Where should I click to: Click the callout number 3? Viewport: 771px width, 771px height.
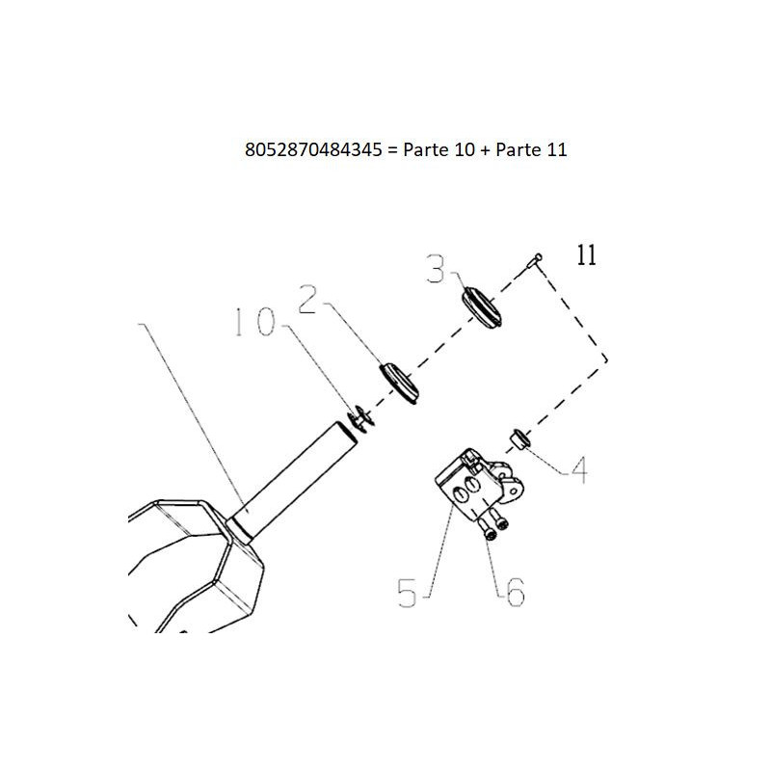(x=436, y=269)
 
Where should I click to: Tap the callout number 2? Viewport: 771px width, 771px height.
(x=308, y=299)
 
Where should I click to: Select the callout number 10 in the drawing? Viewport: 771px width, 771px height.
(x=255, y=322)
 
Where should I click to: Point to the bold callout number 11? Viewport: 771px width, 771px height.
(x=586, y=255)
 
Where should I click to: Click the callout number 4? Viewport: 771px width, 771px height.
(x=579, y=469)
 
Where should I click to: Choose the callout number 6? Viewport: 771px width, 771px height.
(x=516, y=592)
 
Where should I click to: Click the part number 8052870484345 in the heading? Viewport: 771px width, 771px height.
(x=313, y=149)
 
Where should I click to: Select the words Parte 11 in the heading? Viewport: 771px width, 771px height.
(x=531, y=149)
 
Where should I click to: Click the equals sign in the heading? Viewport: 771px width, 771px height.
(x=392, y=150)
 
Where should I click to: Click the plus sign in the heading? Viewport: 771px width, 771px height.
(x=485, y=150)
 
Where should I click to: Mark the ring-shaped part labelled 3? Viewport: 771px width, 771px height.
(x=481, y=306)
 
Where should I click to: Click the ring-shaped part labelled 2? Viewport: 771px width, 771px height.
(x=399, y=384)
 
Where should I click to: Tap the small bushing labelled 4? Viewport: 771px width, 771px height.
(x=520, y=439)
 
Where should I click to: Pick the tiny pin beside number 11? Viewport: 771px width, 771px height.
(x=535, y=260)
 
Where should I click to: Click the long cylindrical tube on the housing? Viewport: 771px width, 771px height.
(x=293, y=483)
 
